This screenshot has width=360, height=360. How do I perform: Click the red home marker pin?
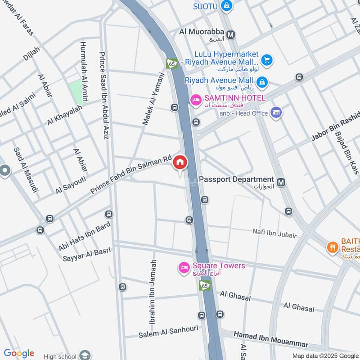point(180,162)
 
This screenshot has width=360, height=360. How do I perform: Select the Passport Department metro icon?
point(281,182)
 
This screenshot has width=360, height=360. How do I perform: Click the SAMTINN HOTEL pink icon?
point(196,100)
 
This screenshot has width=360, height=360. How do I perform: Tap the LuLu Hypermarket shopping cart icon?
point(266,59)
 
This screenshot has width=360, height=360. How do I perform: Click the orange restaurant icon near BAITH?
point(332,247)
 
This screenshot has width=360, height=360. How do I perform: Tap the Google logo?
point(18,353)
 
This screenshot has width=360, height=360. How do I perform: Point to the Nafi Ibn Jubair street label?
point(274,234)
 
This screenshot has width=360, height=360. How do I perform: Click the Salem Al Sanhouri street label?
point(168,332)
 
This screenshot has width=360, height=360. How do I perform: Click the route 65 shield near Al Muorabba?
point(171,64)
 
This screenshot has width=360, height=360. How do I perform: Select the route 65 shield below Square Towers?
point(205,285)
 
